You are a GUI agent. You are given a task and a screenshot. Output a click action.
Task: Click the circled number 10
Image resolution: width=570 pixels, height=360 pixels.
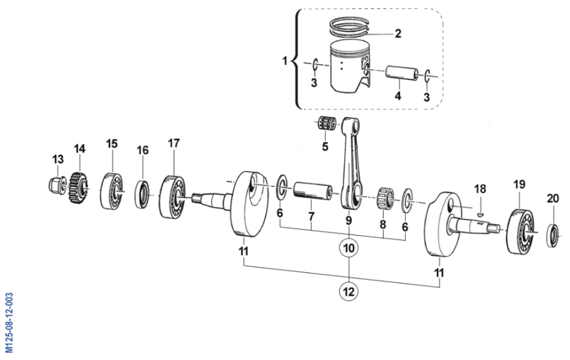(349, 249)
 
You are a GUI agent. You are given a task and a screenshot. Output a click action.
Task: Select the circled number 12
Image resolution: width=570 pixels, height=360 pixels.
(349, 292)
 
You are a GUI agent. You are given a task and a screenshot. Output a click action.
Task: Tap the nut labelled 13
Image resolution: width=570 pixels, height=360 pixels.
(55, 184)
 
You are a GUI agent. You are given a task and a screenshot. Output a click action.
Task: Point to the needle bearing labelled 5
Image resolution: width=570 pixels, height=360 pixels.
(327, 126)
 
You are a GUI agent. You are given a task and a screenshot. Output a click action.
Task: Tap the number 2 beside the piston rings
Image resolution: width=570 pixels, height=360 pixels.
(397, 34)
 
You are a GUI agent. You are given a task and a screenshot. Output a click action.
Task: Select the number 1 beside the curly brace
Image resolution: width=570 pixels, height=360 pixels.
(284, 61)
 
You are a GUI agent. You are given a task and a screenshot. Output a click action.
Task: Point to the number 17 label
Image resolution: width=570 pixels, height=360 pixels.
(174, 142)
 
